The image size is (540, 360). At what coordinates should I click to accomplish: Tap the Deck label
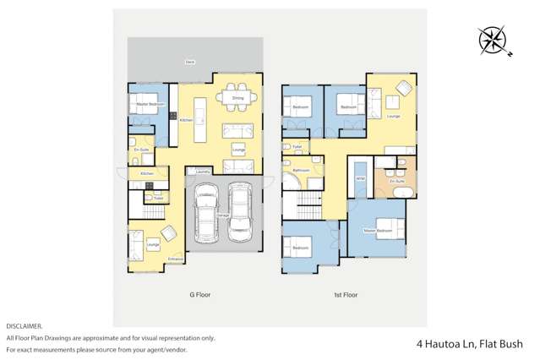pyautogui.click(x=192, y=62)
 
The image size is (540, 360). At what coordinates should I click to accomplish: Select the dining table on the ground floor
pyautogui.click(x=237, y=98)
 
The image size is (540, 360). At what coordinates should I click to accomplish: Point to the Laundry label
pyautogui.click(x=202, y=172)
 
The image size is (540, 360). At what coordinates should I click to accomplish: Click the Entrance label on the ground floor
pyautogui.click(x=175, y=259)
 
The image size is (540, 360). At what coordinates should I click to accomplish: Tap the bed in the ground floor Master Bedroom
pyautogui.click(x=147, y=104)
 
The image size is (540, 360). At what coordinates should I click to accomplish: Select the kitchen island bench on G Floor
pyautogui.click(x=200, y=121)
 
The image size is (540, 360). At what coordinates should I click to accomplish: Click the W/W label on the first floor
pyautogui.click(x=360, y=179)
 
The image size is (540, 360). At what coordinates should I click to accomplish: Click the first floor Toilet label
pyautogui.click(x=297, y=145)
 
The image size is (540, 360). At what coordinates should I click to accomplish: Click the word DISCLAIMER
pyautogui.click(x=25, y=325)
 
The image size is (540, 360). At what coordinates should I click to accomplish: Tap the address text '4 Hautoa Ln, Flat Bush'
pyautogui.click(x=469, y=344)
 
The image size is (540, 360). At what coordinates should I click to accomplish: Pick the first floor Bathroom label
pyautogui.click(x=301, y=170)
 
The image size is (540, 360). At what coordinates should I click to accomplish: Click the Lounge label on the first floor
pyautogui.click(x=393, y=116)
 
